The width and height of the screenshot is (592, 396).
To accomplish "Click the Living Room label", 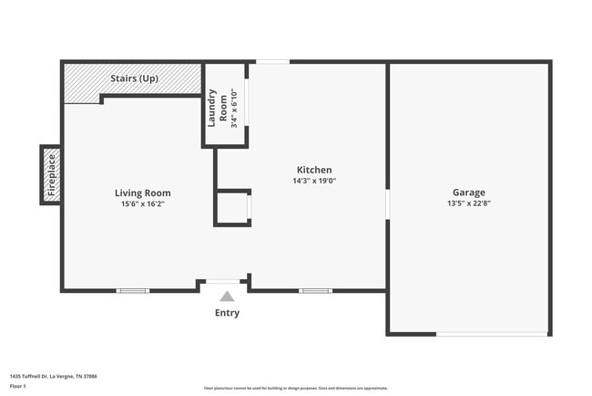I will pyautogui.click(x=142, y=193).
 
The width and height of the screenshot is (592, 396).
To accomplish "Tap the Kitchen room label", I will pyautogui.click(x=314, y=170).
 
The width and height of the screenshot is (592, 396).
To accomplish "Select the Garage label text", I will pyautogui.click(x=469, y=193).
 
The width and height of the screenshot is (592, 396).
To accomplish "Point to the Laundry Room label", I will pyautogui.click(x=217, y=107).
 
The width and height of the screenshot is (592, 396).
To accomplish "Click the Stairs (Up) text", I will pyautogui.click(x=134, y=78).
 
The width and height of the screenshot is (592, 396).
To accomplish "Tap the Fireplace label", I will pyautogui.click(x=52, y=175).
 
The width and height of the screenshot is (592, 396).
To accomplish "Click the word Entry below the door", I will pyautogui.click(x=227, y=313).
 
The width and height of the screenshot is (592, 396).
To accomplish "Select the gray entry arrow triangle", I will pyautogui.click(x=227, y=296).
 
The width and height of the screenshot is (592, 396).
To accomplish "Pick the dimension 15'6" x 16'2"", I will pyautogui.click(x=142, y=203).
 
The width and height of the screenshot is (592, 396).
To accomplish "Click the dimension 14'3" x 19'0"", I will pyautogui.click(x=314, y=181).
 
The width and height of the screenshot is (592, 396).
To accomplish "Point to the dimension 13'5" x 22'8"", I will pyautogui.click(x=469, y=203).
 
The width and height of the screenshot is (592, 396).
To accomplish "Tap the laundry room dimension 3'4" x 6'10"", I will pyautogui.click(x=234, y=107).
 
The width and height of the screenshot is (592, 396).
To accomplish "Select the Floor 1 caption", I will pyautogui.click(x=18, y=387).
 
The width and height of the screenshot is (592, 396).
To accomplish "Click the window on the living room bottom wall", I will pyautogui.click(x=133, y=291).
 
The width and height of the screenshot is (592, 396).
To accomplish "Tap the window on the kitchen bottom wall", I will pyautogui.click(x=315, y=291).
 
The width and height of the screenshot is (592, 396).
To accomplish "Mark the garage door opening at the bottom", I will pyautogui.click(x=492, y=334).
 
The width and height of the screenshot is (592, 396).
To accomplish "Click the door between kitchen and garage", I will pyautogui.click(x=388, y=203).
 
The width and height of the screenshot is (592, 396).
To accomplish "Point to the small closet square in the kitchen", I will pyautogui.click(x=231, y=208).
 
